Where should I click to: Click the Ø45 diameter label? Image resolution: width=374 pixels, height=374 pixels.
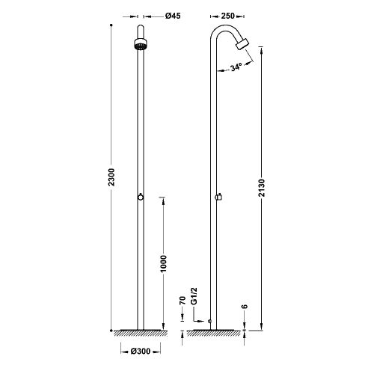pos(173,16)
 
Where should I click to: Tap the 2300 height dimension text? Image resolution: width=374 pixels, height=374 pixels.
pos(112,177)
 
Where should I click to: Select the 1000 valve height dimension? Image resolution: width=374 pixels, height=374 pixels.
pos(163,264)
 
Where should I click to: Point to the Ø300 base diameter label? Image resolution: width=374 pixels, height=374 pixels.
pos(141,352)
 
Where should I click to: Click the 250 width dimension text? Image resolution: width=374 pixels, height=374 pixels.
pos(228,16)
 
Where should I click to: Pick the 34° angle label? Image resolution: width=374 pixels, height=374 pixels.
pos(236,67)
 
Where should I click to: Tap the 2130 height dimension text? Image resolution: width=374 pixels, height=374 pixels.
pos(262,188)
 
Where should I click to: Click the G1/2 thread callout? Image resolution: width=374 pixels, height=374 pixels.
pos(194,296)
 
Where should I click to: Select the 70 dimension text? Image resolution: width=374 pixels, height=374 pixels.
pos(183,300)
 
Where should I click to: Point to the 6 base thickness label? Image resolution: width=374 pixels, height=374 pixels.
pos(245,307)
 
